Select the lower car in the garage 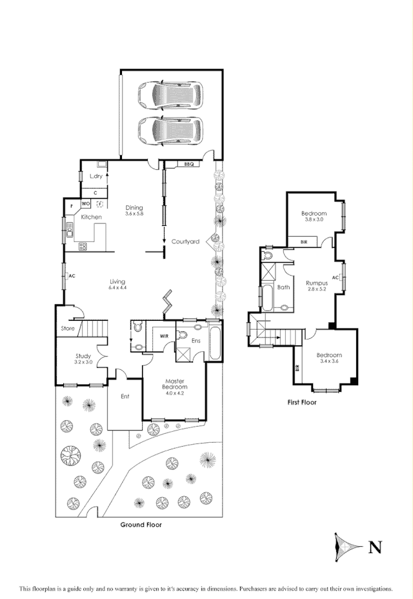[170, 131]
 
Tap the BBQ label [189, 165]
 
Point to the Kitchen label [91, 218]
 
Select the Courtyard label [185, 241]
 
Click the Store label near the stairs [67, 329]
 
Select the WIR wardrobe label [156, 336]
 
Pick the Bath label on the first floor [283, 287]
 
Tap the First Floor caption [301, 402]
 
